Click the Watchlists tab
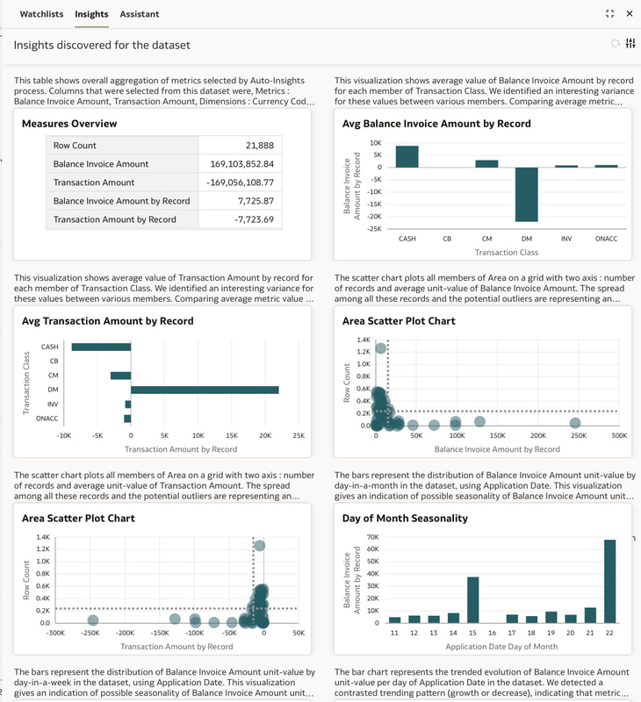(41, 14)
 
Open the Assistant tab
(140, 14)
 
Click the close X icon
(630, 13)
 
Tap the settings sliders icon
(630, 43)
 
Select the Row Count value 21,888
(259, 146)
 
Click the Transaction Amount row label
(94, 183)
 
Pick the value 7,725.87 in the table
(256, 201)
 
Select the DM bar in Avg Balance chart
(526, 194)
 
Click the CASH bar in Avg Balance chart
(407, 157)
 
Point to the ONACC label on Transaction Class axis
(606, 239)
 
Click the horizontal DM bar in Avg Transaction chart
(205, 390)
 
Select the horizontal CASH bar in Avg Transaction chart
(101, 347)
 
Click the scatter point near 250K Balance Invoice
(575, 423)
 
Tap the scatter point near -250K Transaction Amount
(93, 620)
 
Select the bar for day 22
(609, 581)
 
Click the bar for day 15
(473, 600)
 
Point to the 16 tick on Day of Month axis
(493, 633)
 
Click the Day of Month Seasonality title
(405, 518)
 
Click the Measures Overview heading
(69, 124)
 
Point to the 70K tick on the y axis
(372, 537)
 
